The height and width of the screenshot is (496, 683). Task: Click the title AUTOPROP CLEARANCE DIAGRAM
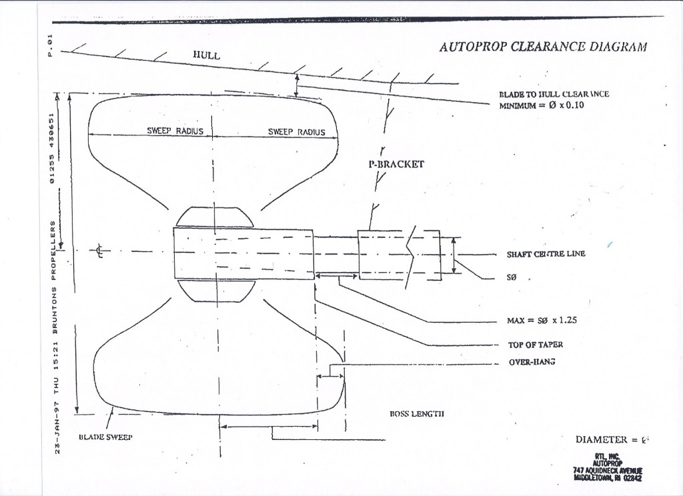[x=542, y=47]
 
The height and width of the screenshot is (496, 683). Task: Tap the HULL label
[x=206, y=55]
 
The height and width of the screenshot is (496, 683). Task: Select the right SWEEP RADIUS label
[x=296, y=132]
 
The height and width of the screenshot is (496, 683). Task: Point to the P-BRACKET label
[x=396, y=163]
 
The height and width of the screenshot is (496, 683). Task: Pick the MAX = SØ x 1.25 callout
[x=542, y=320]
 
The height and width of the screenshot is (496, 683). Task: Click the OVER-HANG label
[x=533, y=363]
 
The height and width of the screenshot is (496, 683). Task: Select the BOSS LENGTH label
[x=417, y=413]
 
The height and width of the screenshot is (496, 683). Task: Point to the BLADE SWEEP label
[x=106, y=437]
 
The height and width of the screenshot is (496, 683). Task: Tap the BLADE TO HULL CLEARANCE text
[x=554, y=94]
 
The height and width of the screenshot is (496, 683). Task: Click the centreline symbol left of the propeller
[x=99, y=252]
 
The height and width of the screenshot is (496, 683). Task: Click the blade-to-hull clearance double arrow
[x=297, y=85]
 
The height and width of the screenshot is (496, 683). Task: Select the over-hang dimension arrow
[x=329, y=377]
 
